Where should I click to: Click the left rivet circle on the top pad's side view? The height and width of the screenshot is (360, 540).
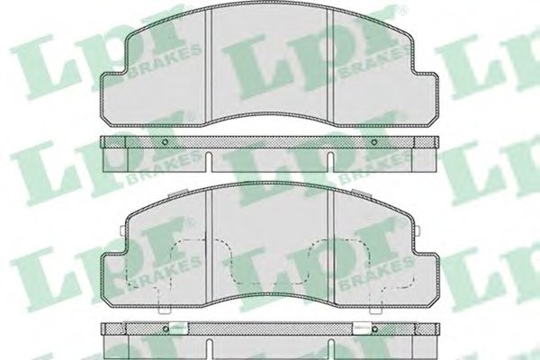165,142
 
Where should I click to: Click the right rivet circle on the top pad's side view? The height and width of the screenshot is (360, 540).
374,142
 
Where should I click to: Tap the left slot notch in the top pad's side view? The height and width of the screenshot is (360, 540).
209,161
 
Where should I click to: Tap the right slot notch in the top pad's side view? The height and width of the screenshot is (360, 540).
330,161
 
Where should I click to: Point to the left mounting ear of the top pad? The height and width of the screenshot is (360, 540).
113,98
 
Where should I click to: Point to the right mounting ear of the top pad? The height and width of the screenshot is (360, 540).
426,98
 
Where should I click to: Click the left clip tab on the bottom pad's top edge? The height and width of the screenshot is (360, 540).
177,193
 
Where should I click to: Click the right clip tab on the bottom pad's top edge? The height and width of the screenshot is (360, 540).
362,193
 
